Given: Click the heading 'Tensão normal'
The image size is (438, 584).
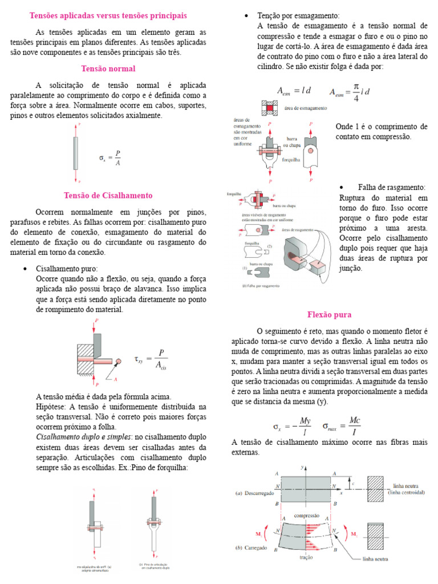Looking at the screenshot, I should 108,68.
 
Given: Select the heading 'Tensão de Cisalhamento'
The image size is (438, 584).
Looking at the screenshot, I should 108,195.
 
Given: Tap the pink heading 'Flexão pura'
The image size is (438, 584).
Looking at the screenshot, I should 329,315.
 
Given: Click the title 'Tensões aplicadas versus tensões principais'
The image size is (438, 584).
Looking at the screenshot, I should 108,15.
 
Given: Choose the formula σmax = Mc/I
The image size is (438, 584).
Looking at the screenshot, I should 342,426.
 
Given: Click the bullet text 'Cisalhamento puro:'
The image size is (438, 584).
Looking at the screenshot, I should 67,269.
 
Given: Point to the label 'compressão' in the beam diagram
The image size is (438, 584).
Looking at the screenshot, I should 306,515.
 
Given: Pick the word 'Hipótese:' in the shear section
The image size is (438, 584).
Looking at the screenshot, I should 51,406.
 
